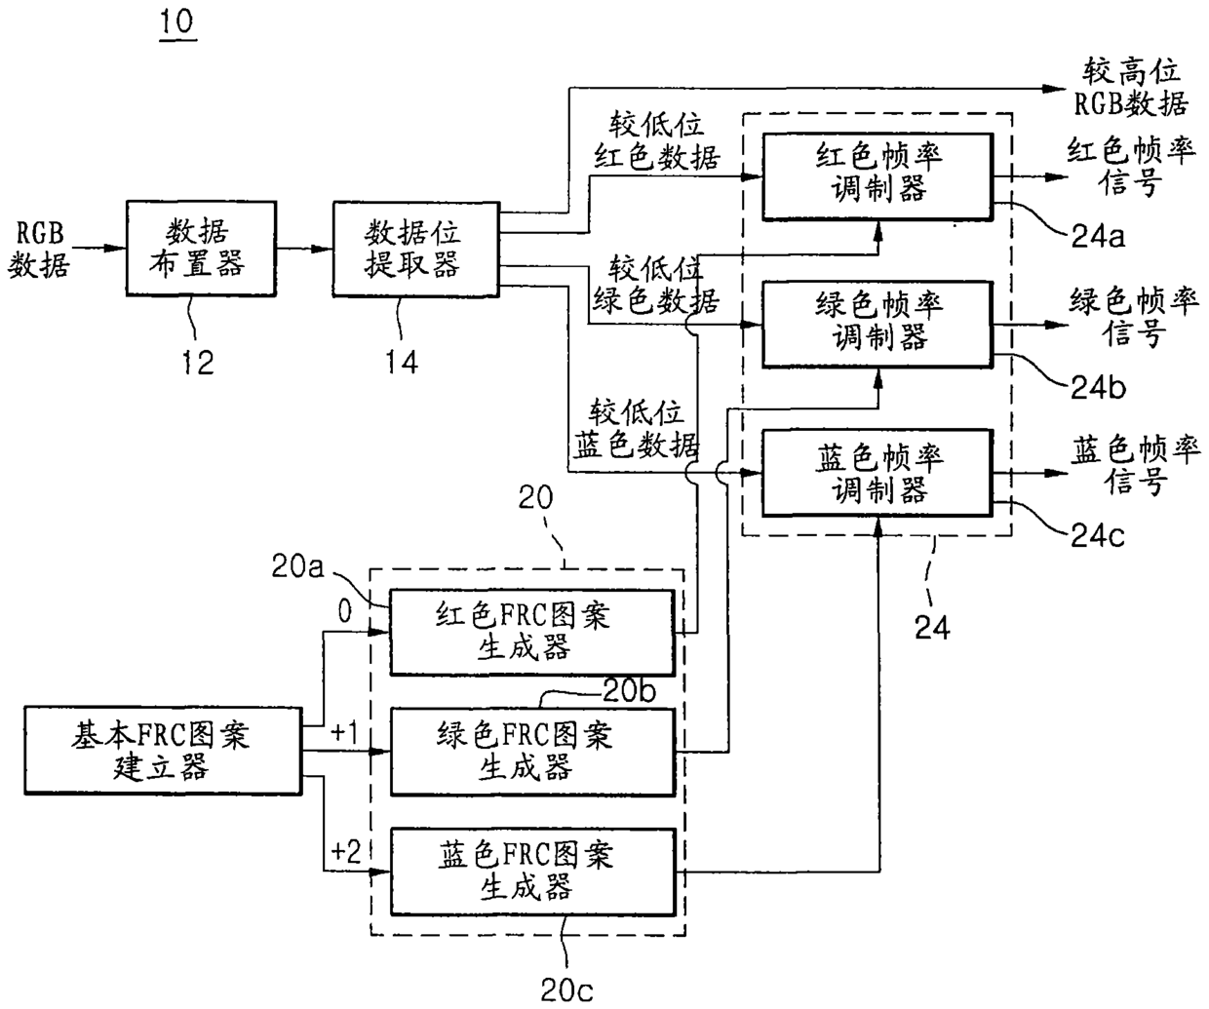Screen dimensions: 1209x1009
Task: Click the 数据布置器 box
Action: point(201,249)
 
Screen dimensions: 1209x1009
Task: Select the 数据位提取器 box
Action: point(415,249)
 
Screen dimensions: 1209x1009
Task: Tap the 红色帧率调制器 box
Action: point(877,176)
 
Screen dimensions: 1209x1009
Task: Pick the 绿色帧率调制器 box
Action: point(877,325)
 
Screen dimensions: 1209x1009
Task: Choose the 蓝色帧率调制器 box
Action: point(877,473)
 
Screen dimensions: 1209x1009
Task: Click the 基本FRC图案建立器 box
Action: point(163,751)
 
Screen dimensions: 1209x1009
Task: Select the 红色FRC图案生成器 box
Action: point(532,632)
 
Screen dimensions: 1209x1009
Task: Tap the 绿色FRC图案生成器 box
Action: point(532,752)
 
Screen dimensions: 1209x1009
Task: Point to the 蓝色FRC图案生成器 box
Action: point(532,872)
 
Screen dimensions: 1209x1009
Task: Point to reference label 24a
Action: point(1098,236)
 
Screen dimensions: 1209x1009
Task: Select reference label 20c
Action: point(566,990)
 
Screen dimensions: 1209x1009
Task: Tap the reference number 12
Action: point(198,363)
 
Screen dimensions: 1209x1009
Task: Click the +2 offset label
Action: point(346,851)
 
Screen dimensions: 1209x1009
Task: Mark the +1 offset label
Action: point(344,732)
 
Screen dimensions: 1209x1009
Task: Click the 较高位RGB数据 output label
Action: point(1131,88)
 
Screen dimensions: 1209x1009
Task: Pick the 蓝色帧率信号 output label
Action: point(1135,466)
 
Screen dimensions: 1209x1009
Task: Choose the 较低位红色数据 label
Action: point(656,141)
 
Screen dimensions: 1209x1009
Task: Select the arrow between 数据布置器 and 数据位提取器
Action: point(304,249)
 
